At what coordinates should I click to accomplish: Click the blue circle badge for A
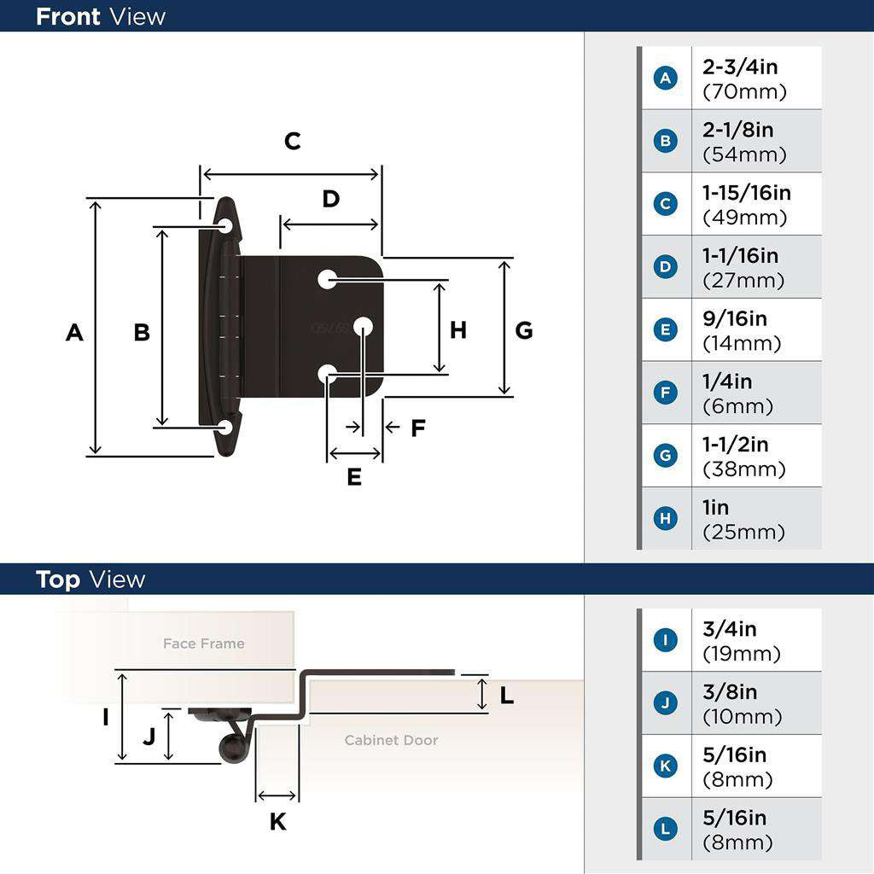tap(665, 79)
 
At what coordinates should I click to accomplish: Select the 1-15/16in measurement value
tap(746, 194)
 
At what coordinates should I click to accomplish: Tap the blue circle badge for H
tap(665, 519)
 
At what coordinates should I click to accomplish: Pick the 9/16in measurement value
tap(734, 319)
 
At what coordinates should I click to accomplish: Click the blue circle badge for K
tap(665, 766)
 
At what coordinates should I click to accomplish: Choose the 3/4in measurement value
tap(729, 630)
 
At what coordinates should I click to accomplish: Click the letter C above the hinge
tap(293, 141)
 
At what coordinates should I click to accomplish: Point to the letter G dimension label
tap(524, 330)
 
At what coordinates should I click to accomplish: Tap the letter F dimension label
tap(417, 428)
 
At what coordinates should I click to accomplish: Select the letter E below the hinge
tap(354, 477)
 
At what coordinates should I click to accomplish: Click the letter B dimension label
tap(142, 332)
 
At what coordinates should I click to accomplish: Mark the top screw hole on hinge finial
tap(225, 226)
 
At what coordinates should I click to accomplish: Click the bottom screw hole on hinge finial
tap(225, 426)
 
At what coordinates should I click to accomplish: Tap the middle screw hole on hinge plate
tap(363, 325)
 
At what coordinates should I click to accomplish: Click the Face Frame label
tap(204, 644)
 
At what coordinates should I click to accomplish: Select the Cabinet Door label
tap(391, 740)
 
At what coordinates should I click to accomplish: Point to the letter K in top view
tap(278, 822)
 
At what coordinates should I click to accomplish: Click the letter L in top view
tap(507, 696)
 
